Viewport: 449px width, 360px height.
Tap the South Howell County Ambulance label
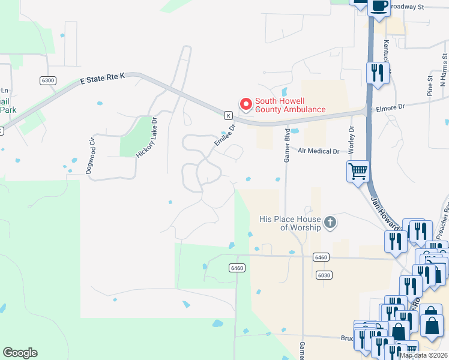(291, 106)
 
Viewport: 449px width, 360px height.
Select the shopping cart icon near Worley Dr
(358, 171)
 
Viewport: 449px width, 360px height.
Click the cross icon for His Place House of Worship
(329, 223)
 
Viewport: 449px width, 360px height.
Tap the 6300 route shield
(49, 80)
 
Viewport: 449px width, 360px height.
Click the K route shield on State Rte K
(228, 115)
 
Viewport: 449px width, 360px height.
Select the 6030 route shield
(324, 275)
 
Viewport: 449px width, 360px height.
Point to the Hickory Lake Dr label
(146, 137)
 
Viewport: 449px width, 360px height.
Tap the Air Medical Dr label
(318, 152)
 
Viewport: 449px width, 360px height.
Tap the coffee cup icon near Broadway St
(379, 6)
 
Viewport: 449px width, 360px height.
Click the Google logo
(20, 353)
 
